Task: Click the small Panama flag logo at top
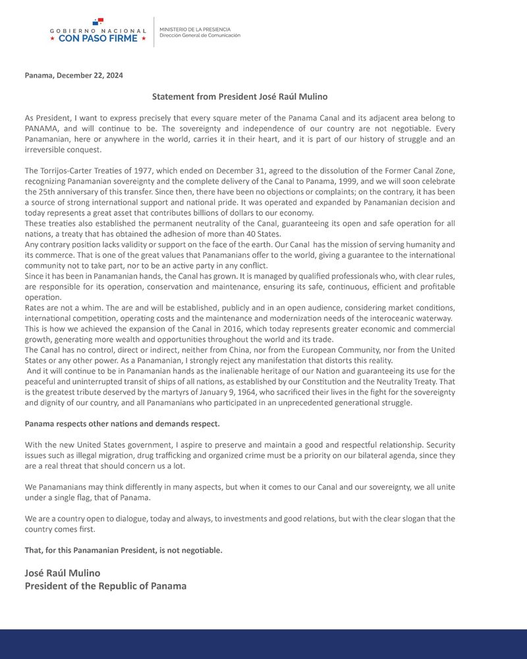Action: point(98,23)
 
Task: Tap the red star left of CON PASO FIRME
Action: point(53,38)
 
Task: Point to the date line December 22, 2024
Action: point(74,75)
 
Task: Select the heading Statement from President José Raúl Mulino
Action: point(240,97)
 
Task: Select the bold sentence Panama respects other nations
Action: point(123,424)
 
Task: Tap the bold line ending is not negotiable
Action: point(124,550)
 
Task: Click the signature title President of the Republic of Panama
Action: point(105,586)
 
